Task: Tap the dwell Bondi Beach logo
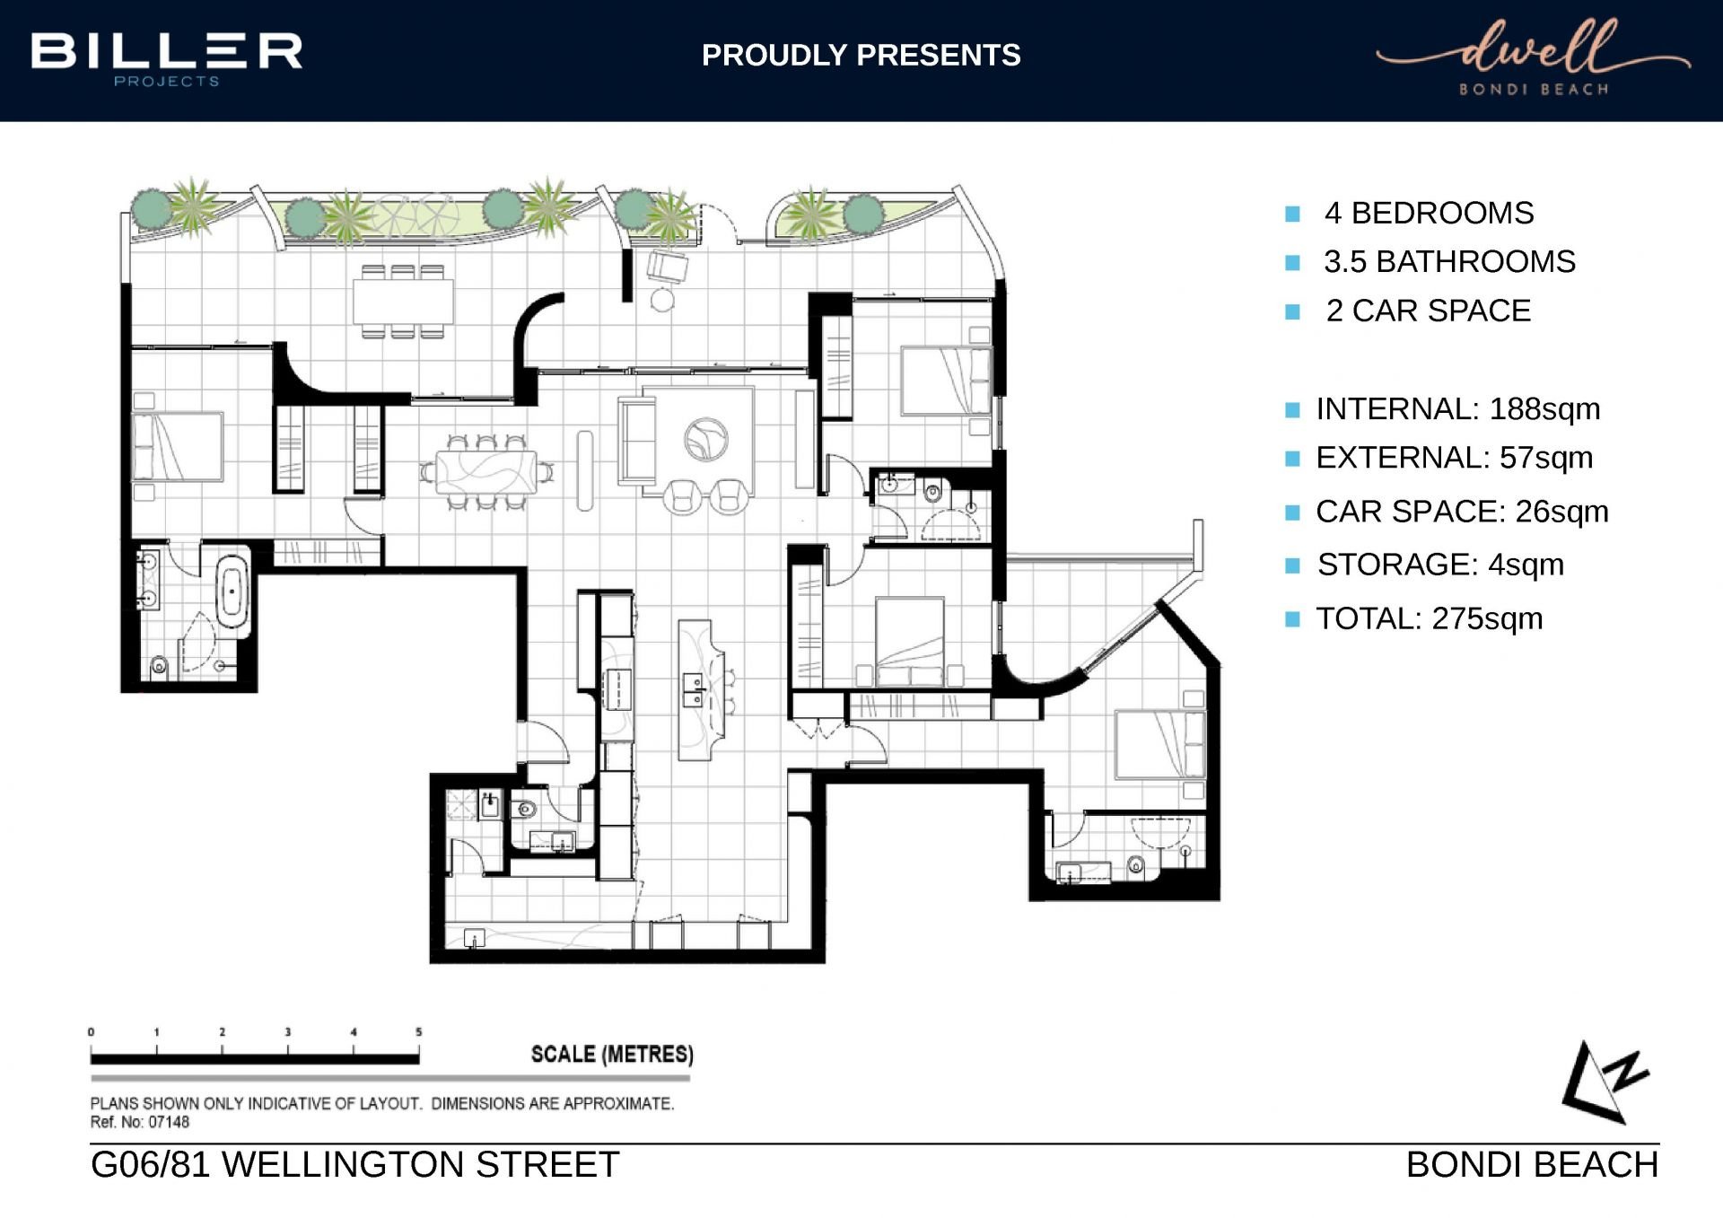[1534, 57]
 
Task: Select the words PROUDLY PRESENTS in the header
[861, 56]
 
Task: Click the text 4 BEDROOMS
[1429, 214]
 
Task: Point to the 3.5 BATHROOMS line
[1449, 262]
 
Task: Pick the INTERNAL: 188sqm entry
[1457, 409]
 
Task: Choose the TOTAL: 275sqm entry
[1429, 619]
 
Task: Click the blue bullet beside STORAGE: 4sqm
[1292, 565]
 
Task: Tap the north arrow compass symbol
[1605, 1082]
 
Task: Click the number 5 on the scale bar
[418, 1032]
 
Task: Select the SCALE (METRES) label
[612, 1054]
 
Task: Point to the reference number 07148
[169, 1122]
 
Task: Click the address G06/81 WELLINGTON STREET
[355, 1165]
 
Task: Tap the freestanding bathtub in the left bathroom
[232, 591]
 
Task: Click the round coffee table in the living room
[706, 440]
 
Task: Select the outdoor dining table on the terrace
[403, 302]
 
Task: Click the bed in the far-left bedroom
[178, 446]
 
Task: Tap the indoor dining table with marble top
[486, 472]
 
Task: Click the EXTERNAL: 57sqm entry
[1454, 458]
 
